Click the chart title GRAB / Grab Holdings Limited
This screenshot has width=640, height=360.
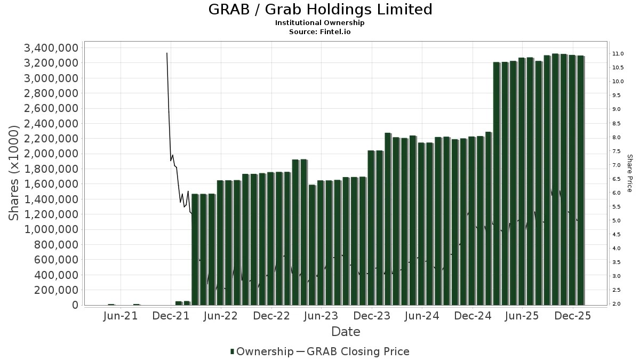point(320,10)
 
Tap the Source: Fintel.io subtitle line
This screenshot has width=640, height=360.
point(320,32)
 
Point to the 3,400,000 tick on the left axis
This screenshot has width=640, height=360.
point(51,48)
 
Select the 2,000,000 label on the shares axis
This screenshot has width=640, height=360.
point(51,154)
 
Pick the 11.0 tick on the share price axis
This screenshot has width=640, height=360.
point(619,54)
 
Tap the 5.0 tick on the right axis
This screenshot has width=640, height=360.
point(617,221)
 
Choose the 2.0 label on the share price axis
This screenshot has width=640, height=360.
point(617,304)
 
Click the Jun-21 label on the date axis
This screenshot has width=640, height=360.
point(121,316)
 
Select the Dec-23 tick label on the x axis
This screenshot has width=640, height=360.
point(372,316)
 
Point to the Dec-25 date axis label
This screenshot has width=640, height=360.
point(572,316)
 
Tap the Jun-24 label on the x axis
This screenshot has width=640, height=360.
point(422,316)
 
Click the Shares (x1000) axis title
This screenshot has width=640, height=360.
point(14,173)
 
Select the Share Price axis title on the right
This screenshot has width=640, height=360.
point(629,173)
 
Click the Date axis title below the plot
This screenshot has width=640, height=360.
point(346,332)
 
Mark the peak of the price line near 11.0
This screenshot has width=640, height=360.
point(167,53)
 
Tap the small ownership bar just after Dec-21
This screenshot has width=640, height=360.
point(179,303)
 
